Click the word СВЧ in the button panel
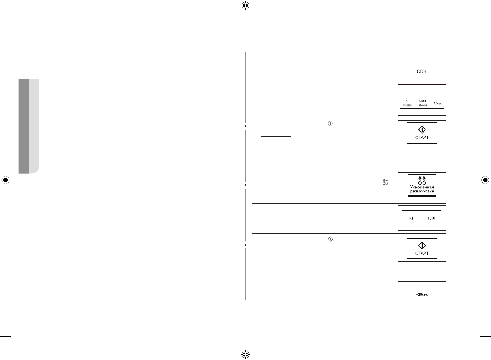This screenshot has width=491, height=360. (421, 71)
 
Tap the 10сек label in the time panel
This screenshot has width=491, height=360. (438, 103)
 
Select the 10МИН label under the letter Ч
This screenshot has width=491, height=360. (407, 106)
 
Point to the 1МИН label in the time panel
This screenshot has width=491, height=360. (423, 106)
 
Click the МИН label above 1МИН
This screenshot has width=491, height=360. (423, 101)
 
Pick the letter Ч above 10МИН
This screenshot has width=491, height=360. (407, 101)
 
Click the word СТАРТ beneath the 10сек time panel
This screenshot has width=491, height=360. (422, 137)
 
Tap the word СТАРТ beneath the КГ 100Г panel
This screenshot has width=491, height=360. (422, 253)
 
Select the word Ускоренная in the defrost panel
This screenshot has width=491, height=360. (422, 187)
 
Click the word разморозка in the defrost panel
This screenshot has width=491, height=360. (422, 191)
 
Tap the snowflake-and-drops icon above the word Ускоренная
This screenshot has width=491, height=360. (422, 181)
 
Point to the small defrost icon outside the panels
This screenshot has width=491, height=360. (385, 182)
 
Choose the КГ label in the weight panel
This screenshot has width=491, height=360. (412, 218)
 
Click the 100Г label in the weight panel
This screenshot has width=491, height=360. (431, 218)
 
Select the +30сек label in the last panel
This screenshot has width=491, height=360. (422, 294)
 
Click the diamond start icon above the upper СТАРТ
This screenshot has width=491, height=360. (422, 130)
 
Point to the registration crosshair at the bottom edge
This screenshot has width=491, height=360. (245, 354)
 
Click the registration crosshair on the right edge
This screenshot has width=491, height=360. (485, 180)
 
